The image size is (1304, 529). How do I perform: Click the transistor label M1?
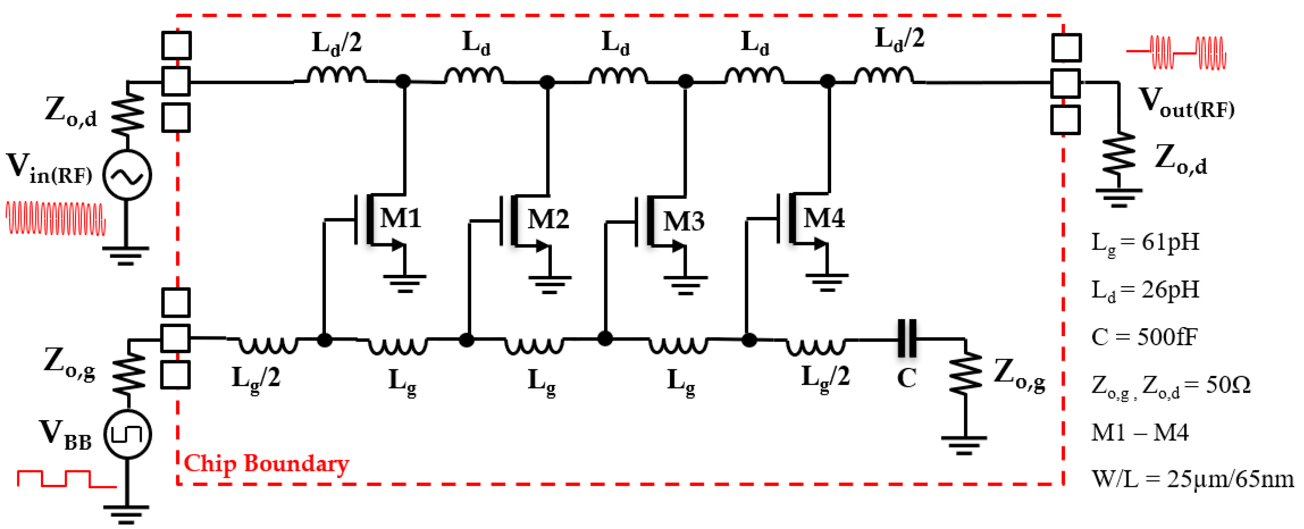tap(400, 219)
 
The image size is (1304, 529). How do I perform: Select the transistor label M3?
tap(683, 221)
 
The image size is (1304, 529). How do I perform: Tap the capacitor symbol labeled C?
tap(906, 338)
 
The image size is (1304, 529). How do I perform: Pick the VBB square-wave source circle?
tap(127, 434)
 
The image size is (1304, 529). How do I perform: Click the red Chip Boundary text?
tap(266, 463)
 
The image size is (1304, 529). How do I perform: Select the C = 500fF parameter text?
tap(1144, 337)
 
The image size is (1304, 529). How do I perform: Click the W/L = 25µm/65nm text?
tap(1192, 478)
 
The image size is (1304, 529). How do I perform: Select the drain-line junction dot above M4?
tap(827, 81)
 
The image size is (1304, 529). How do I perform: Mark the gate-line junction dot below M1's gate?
tap(324, 340)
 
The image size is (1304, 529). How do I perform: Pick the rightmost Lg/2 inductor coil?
tap(815, 346)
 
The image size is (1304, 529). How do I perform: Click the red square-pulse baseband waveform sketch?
tap(66, 479)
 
